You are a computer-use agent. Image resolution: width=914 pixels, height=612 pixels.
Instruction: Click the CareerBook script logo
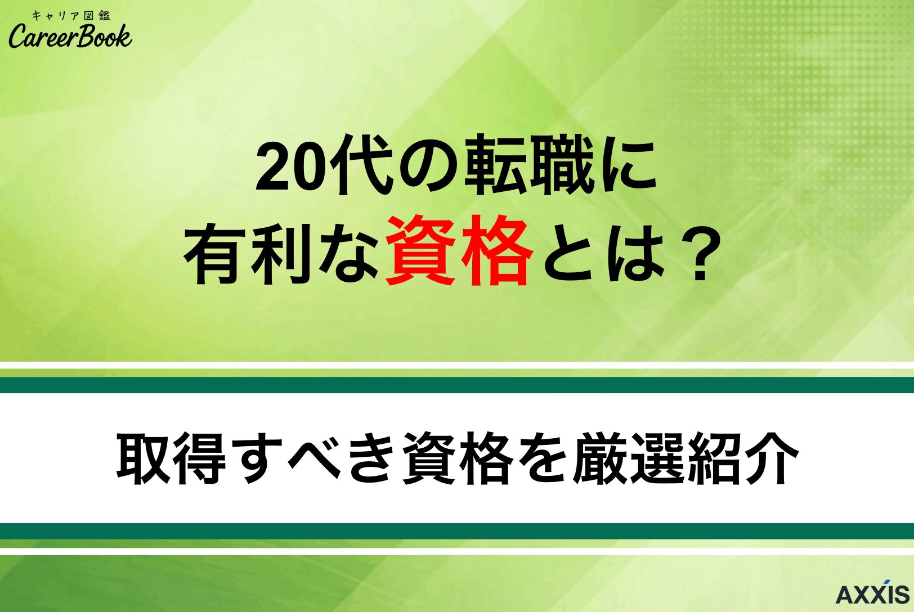point(70,37)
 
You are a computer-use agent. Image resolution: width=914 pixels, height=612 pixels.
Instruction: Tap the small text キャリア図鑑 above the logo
point(71,15)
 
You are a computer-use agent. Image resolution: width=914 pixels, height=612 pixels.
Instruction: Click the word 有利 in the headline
point(248,253)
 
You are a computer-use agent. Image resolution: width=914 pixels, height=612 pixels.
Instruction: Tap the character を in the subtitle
point(543,458)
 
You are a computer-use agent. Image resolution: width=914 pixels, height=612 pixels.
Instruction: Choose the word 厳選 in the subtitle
point(628,458)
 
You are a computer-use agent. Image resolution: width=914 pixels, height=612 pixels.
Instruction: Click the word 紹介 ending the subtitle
point(742,458)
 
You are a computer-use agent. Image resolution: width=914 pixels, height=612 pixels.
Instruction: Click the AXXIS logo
point(872,593)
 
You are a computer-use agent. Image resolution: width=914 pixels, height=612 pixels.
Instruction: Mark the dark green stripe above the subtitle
point(457,385)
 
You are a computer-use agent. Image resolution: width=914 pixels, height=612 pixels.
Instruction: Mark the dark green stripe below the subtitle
point(457,531)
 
